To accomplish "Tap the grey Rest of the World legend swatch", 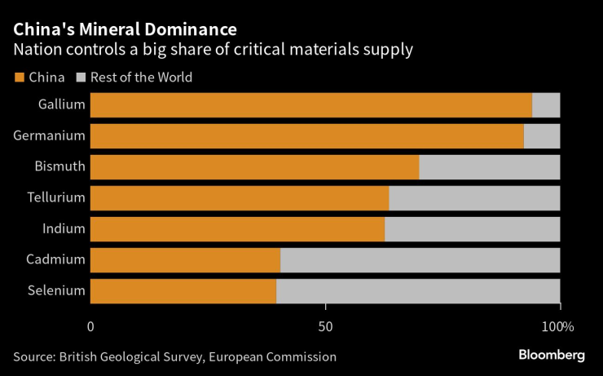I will coord(81,77).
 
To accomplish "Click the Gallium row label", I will coord(62,104).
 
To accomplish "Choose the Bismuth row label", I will coord(59,166).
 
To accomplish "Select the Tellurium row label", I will coord(55,197).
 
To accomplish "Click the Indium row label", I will coord(64,228).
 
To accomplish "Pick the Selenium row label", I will coord(57,290).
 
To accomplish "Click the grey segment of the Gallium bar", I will coord(546,105).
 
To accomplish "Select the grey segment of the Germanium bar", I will coord(542,136).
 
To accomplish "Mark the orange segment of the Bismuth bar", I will coord(254,167).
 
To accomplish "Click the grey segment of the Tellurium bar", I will coord(474,198).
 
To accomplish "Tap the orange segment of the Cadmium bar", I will coord(185,260).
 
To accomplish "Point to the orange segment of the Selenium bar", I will coord(183,291).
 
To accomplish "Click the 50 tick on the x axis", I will coord(325,326).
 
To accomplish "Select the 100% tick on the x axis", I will coord(558,326).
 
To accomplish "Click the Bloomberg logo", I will coord(552,355).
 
